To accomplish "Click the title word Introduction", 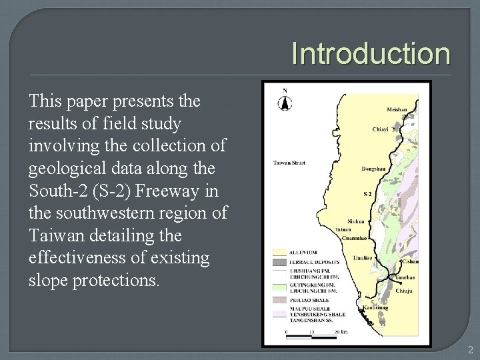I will click(371, 53).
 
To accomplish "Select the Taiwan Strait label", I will click(289, 163).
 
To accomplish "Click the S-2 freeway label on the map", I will click(366, 194).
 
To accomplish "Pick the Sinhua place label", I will click(357, 221).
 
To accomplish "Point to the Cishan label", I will click(411, 262).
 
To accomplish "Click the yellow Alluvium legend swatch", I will click(279, 252).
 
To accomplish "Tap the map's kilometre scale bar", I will click(313, 330).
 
